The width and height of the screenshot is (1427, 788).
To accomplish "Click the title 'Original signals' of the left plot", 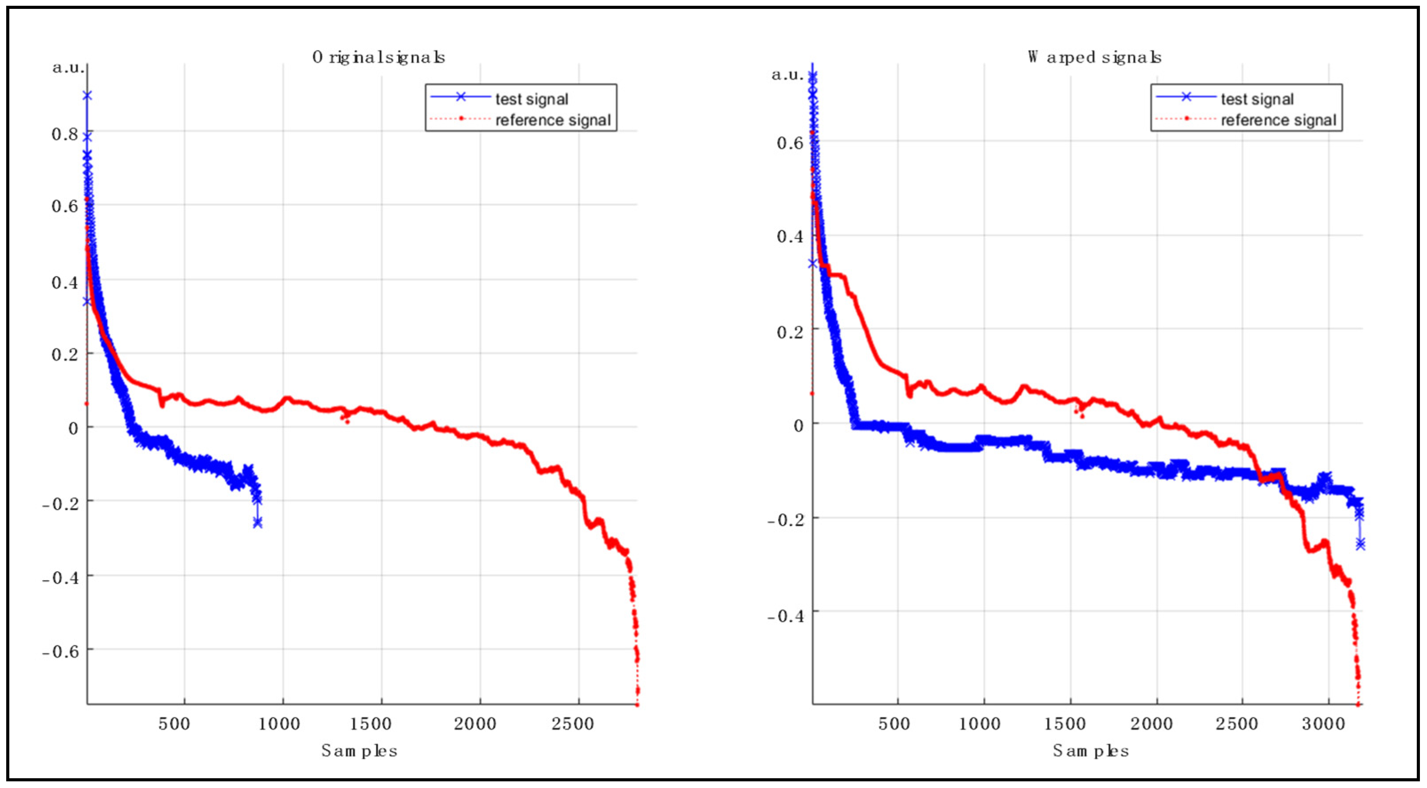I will point(378,57).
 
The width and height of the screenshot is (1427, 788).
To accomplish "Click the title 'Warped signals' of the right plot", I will point(1094,57).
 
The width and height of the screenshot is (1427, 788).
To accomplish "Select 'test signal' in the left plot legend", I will point(531,99).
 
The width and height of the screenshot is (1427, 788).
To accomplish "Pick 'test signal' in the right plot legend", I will point(1257,99).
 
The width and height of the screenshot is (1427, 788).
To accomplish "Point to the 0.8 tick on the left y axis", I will point(64,134).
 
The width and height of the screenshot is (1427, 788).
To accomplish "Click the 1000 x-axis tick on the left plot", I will point(280,724).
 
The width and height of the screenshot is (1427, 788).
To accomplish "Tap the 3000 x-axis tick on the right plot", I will point(1323,724).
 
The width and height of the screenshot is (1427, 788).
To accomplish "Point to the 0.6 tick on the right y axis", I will point(789,143).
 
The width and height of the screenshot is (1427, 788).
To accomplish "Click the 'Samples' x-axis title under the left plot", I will point(360,751).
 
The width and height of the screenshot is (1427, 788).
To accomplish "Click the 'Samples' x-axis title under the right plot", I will point(1091,751).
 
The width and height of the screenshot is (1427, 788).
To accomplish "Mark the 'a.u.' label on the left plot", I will point(69,68).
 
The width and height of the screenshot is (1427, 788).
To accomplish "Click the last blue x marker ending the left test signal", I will point(257,523).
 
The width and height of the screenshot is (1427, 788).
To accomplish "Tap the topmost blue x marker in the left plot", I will point(87,95).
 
